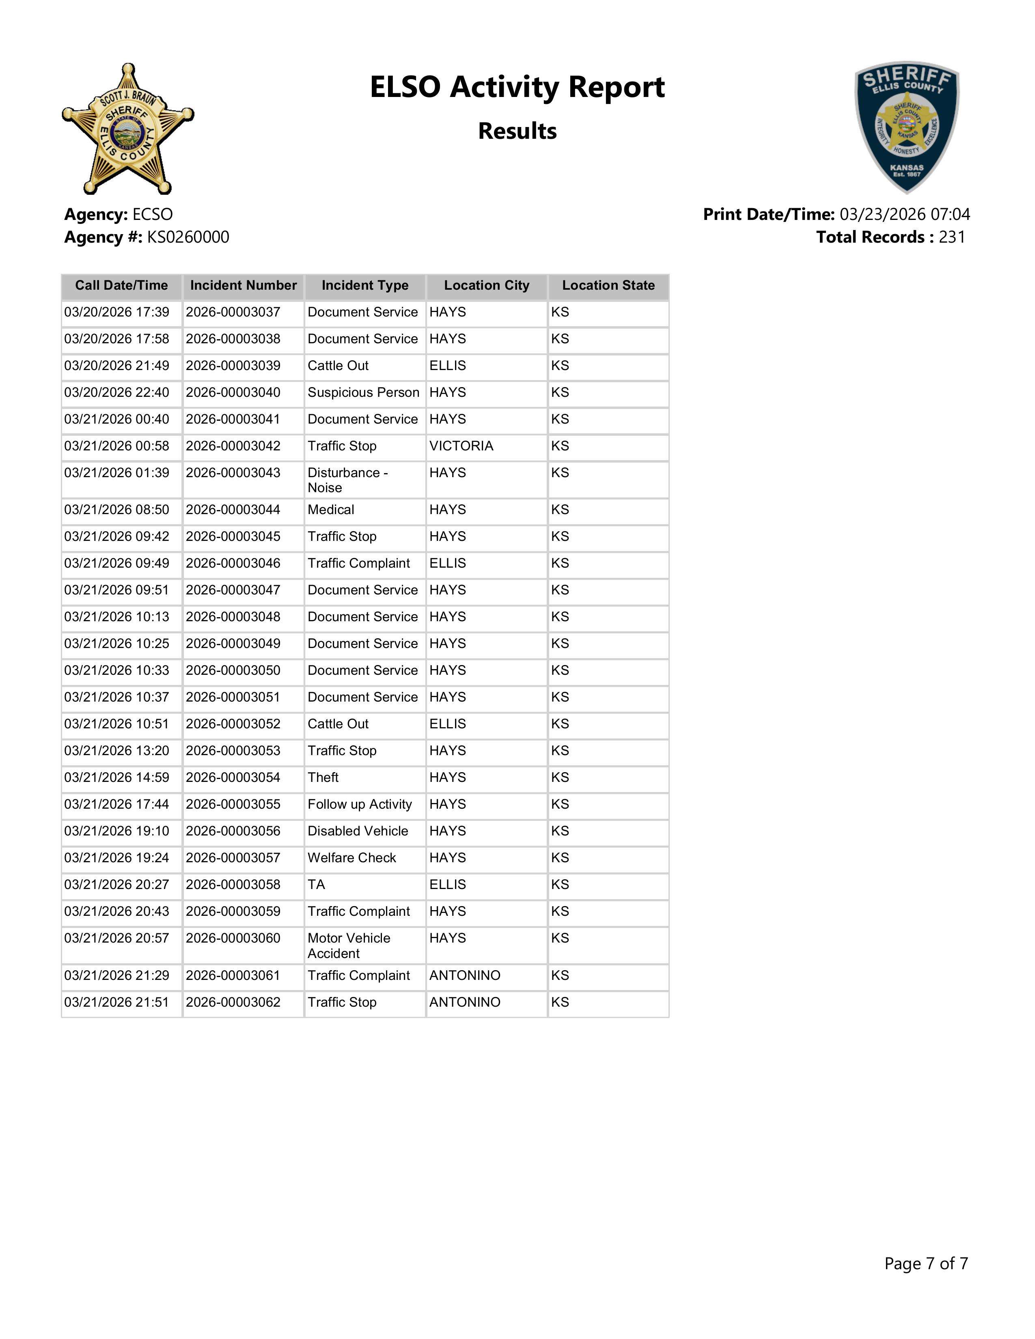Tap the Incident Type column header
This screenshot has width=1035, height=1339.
point(365,286)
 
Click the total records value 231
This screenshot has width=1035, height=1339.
point(952,237)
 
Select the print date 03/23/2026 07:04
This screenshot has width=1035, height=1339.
point(904,215)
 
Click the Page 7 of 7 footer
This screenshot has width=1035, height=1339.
point(925,1263)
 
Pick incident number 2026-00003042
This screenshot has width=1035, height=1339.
point(233,446)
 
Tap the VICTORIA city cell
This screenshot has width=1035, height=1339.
point(461,446)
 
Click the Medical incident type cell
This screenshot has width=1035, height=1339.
point(331,510)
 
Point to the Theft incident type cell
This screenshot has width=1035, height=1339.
point(323,778)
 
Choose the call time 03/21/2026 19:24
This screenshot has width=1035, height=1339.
point(116,858)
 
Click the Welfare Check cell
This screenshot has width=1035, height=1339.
point(351,858)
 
